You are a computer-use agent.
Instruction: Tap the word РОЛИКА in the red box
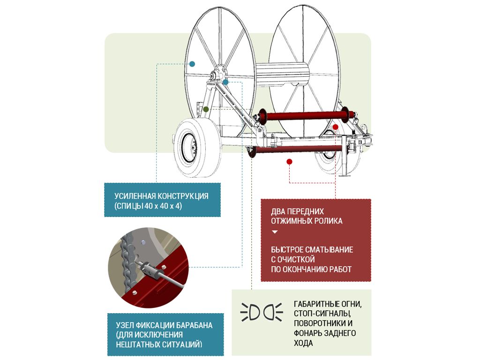(x=327, y=221)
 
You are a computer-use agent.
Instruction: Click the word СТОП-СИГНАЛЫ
(x=322, y=314)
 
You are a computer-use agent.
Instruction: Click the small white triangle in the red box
(x=275, y=232)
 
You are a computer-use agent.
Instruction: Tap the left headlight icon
(x=250, y=313)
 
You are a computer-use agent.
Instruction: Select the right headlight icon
(x=273, y=313)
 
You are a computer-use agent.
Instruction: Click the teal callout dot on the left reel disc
(x=192, y=64)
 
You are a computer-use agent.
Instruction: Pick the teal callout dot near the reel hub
(x=225, y=82)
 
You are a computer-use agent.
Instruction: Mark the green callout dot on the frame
(x=206, y=109)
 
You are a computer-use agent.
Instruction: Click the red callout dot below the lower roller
(x=289, y=162)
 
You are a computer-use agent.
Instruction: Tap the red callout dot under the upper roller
(x=336, y=127)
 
